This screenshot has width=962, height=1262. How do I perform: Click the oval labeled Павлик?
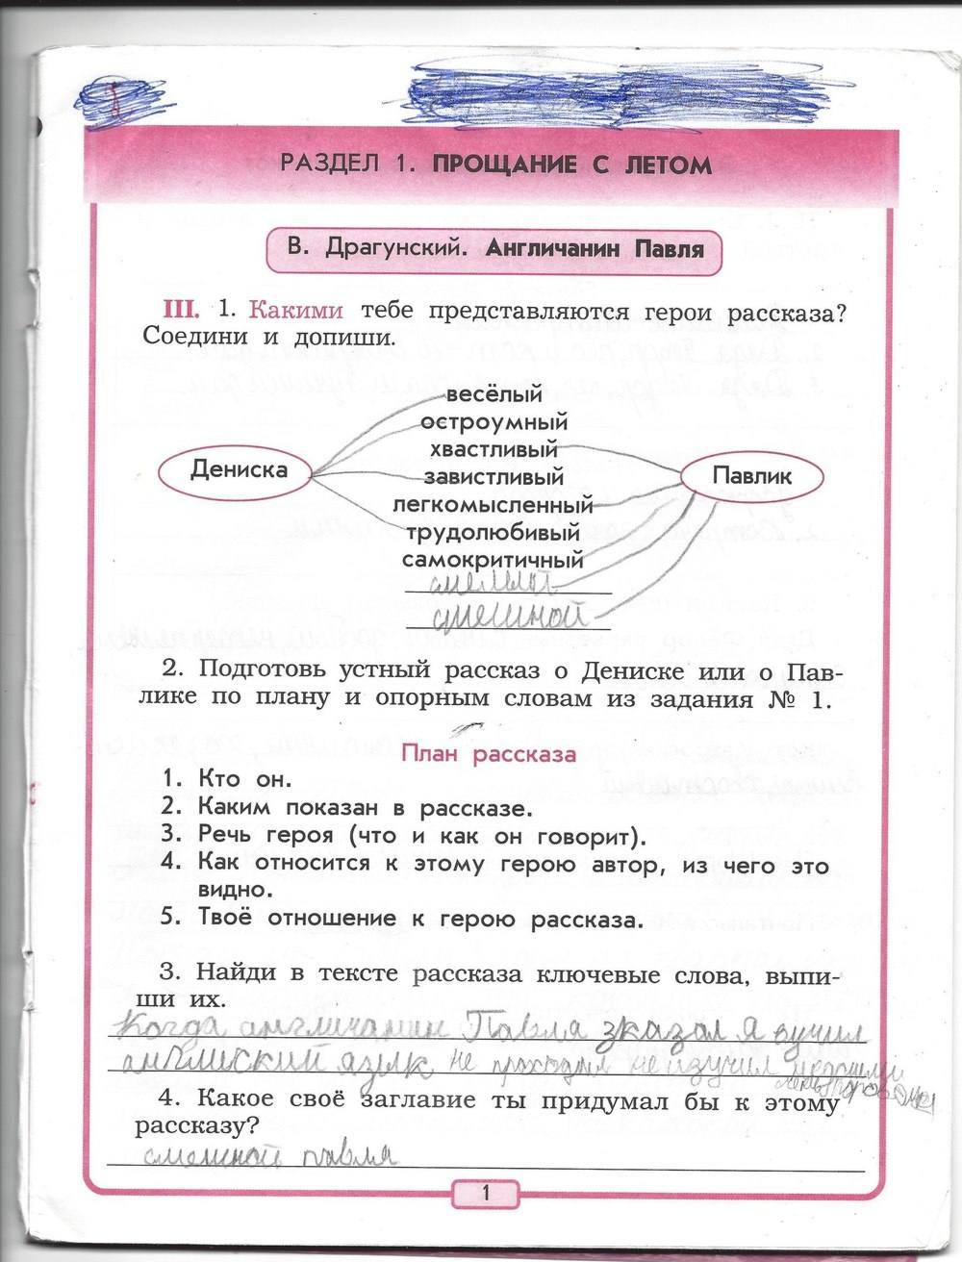coord(752,475)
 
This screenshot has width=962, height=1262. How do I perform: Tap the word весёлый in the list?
coord(494,394)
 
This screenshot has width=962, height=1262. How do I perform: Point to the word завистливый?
coord(494,476)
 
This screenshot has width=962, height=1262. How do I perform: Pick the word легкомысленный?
coord(493,504)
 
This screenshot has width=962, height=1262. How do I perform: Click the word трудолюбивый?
coord(494,532)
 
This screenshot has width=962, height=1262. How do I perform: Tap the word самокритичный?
coord(494,560)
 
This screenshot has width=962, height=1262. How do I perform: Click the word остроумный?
coord(494,421)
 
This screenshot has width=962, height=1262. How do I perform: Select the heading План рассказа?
coord(488,753)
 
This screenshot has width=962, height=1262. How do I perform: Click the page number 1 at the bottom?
coord(485,1194)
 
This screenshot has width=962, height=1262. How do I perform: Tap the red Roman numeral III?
coord(181,309)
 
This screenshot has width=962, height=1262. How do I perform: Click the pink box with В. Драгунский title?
coord(494,249)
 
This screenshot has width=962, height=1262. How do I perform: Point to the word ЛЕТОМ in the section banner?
coord(663,164)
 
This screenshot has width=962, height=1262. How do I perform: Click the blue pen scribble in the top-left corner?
coord(118,96)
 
